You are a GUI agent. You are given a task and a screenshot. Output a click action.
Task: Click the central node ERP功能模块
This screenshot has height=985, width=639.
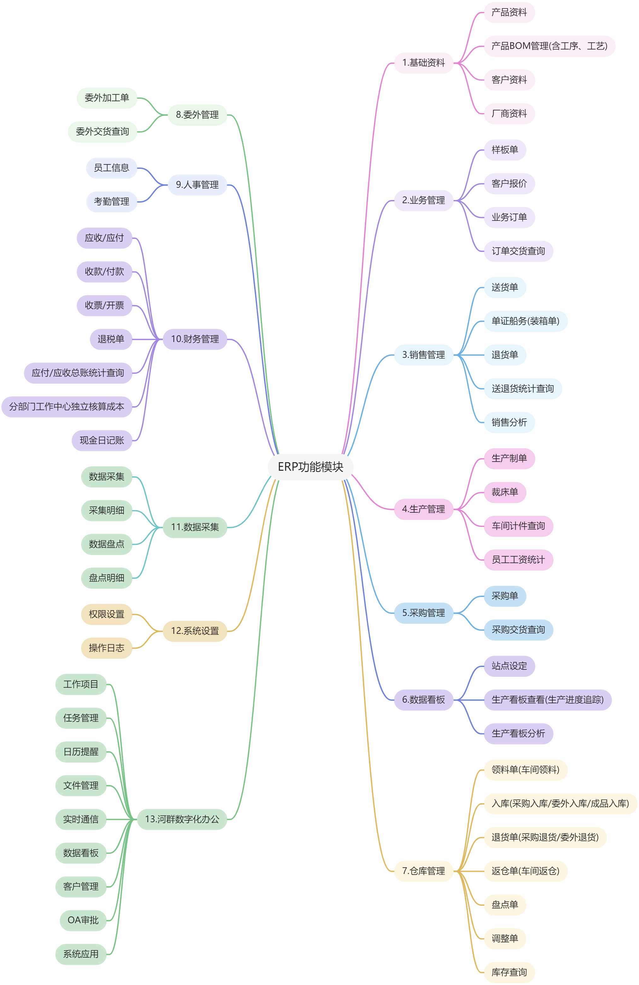point(310,467)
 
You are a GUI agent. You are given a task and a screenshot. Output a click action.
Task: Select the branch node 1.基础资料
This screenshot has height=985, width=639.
point(423,63)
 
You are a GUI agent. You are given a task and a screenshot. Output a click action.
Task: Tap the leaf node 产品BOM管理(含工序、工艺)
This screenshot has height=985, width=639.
point(549,46)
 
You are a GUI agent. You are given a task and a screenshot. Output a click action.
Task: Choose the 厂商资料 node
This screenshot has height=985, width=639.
point(509,113)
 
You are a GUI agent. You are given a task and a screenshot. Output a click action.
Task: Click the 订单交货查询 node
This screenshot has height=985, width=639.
point(518,251)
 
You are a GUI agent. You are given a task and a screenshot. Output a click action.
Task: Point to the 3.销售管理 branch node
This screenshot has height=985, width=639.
point(423,355)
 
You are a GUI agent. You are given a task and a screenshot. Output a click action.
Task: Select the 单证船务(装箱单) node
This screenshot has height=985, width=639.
point(525,321)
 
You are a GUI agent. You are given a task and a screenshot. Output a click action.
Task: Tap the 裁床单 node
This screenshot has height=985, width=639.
point(505,492)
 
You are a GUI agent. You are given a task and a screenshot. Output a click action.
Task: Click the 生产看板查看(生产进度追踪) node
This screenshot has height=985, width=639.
point(547,699)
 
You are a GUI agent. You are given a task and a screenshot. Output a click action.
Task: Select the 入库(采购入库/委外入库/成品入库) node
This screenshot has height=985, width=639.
point(560,803)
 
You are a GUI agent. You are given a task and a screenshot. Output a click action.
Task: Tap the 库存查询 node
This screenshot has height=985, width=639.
point(509,972)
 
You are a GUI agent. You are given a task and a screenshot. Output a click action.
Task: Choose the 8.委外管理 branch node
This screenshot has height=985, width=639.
point(197,115)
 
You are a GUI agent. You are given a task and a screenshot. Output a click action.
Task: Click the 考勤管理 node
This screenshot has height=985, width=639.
point(111,202)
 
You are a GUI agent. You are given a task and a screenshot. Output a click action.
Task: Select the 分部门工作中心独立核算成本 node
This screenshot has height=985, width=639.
point(67,406)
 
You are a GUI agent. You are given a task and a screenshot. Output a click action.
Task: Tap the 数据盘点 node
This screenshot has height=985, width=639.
point(106,544)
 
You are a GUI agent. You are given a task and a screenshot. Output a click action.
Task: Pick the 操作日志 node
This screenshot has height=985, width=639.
point(106,648)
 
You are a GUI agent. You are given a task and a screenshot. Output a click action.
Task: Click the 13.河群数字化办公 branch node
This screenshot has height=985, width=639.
point(182,819)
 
